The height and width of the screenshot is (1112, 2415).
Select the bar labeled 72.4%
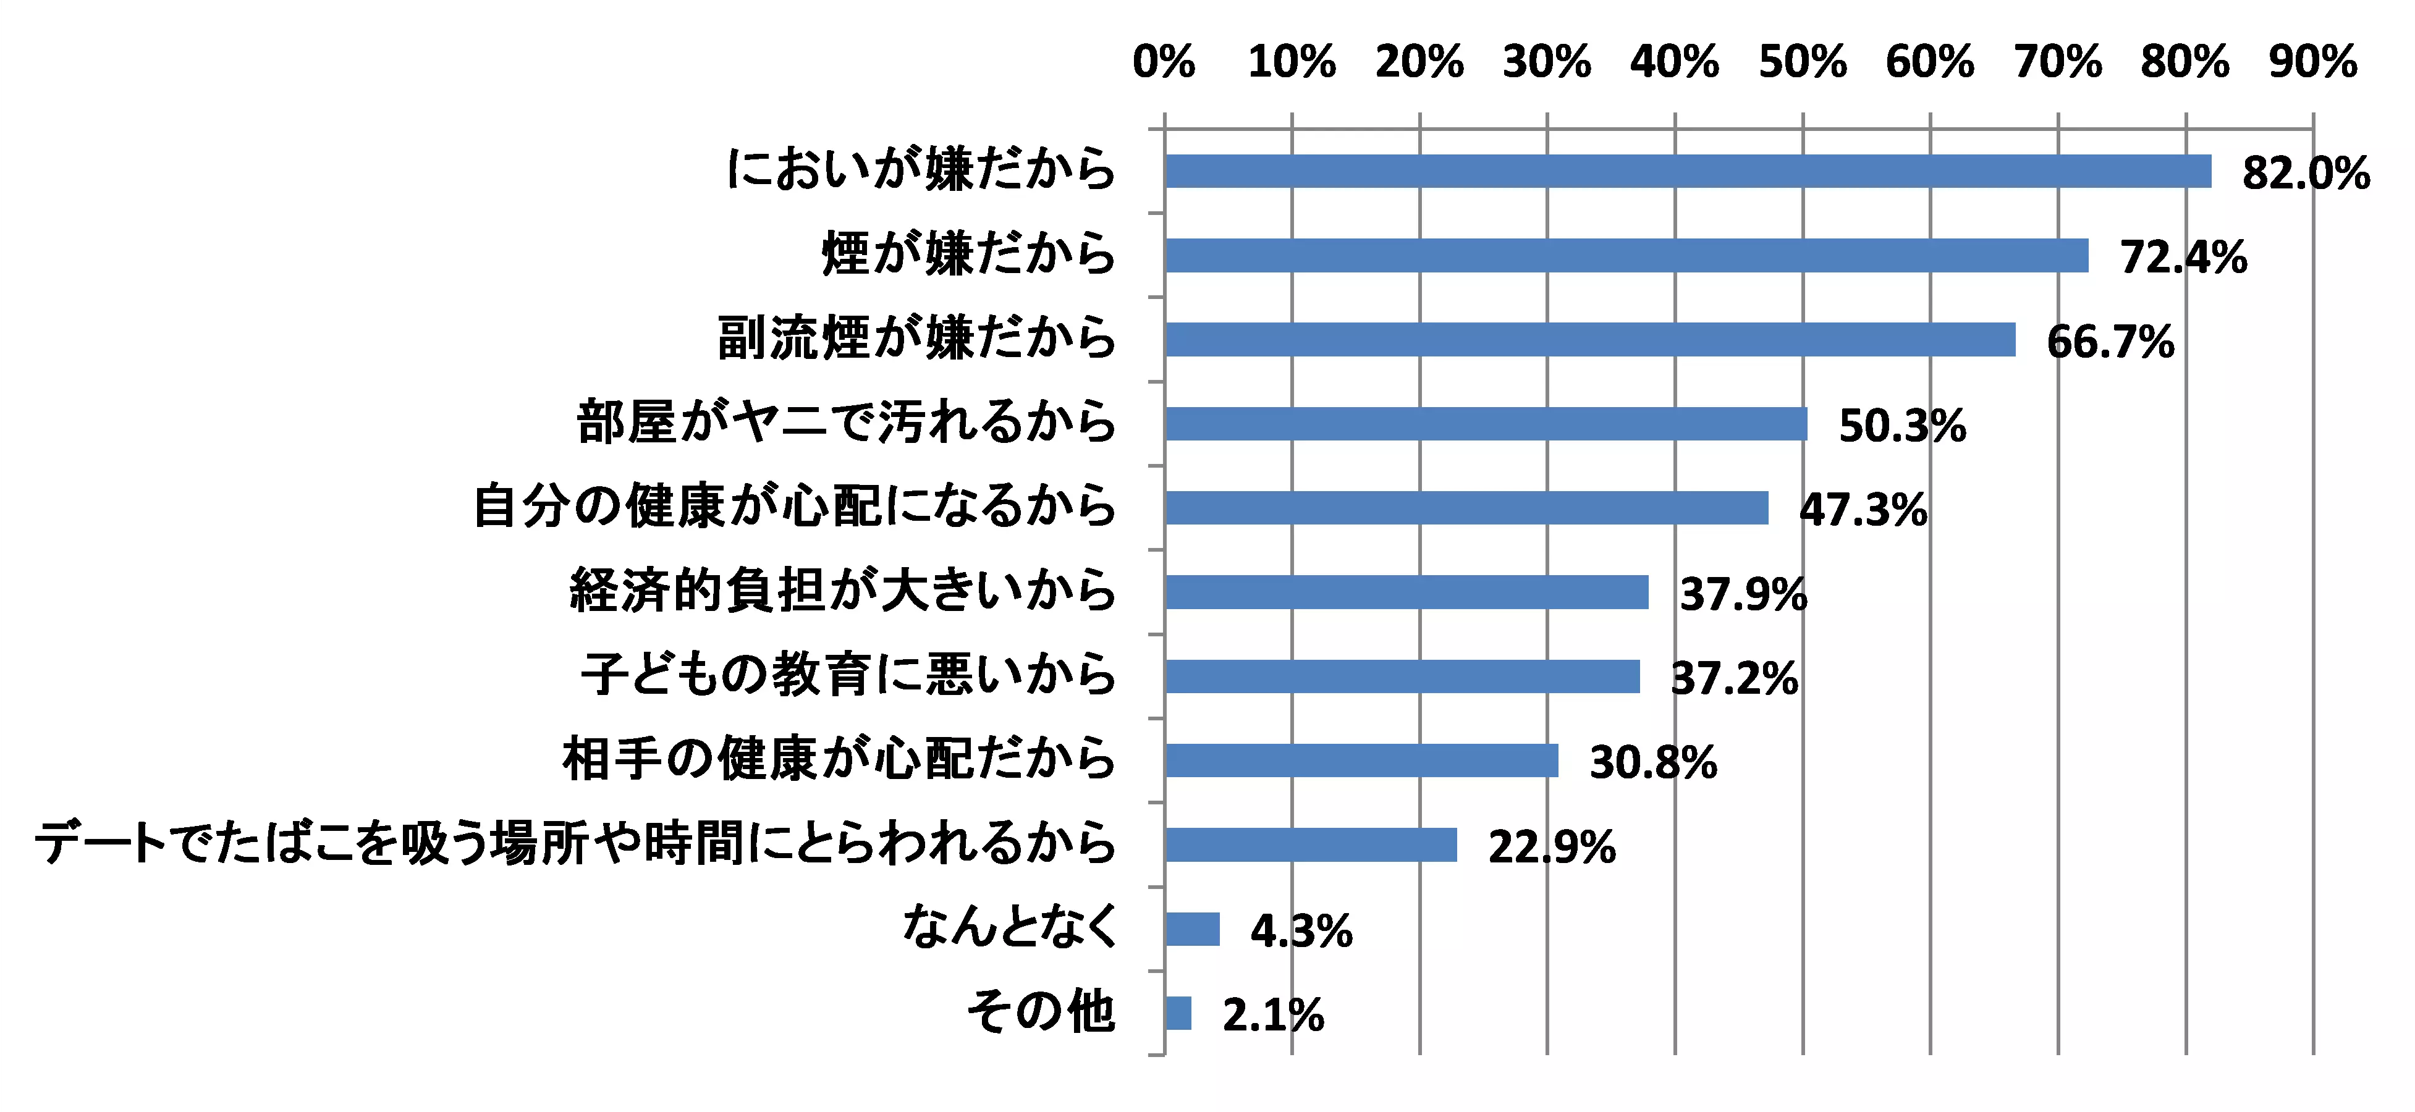1626,256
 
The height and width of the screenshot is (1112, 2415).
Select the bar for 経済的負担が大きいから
1406,592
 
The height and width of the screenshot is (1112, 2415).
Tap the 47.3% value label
1863,511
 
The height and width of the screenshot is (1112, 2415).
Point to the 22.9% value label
1552,848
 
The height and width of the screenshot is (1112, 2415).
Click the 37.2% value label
1735,679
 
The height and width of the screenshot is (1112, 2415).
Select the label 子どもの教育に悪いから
848,676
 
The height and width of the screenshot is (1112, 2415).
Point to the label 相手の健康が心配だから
839,759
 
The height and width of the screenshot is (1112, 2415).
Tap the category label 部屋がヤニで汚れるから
847,423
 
